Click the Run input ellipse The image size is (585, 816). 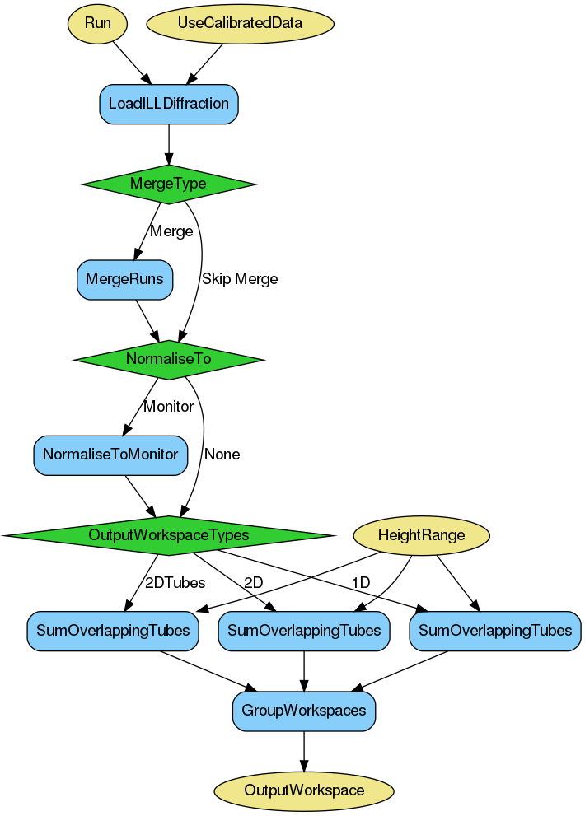(97, 23)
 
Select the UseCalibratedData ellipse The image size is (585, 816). (240, 23)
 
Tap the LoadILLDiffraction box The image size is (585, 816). (169, 104)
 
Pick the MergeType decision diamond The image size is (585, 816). (169, 184)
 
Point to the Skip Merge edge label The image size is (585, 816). (240, 279)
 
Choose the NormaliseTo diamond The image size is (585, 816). (169, 359)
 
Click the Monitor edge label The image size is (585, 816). (168, 406)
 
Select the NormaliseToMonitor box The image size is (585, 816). (110, 455)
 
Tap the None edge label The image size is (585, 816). (222, 455)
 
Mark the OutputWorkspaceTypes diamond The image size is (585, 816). (169, 535)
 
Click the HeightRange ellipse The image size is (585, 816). (421, 535)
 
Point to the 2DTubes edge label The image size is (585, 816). (175, 583)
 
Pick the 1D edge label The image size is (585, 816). (360, 583)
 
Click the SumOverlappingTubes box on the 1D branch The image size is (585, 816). (495, 631)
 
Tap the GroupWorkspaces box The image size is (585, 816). (304, 711)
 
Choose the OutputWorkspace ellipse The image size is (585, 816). (304, 790)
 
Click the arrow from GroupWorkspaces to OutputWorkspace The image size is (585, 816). (304, 752)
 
